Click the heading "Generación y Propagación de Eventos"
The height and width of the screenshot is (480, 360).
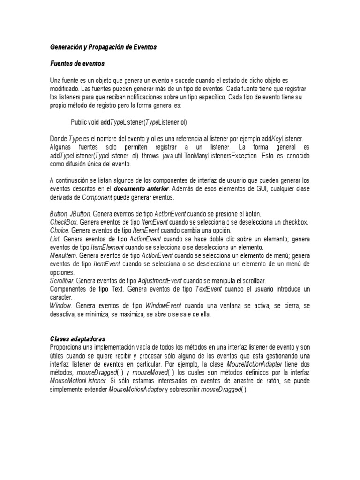(103, 47)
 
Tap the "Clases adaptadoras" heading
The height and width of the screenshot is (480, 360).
(78, 338)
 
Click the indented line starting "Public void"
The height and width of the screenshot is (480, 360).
(129, 122)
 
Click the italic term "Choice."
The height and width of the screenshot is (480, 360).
(60, 231)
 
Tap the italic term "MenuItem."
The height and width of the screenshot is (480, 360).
(64, 256)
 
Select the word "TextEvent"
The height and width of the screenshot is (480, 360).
(209, 289)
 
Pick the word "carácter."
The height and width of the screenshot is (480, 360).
(61, 297)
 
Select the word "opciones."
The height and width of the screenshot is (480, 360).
(62, 272)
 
